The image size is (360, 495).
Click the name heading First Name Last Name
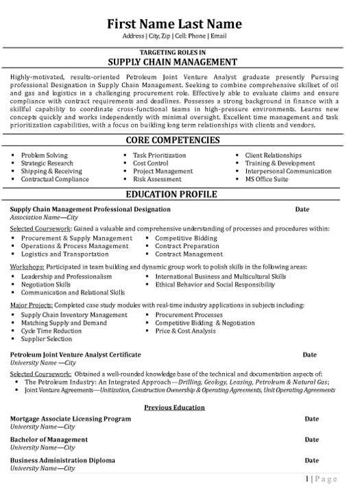click(179, 21)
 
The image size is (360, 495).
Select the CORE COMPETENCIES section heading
click(179, 140)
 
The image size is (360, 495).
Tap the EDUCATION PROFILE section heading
click(179, 194)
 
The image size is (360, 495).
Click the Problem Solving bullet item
click(44, 156)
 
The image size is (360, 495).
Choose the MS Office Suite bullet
click(267, 179)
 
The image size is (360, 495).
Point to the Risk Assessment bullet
click(156, 179)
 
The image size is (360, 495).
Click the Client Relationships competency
click(273, 156)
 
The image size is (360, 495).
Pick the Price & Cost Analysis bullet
click(184, 330)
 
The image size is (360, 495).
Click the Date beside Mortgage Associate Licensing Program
click(311, 418)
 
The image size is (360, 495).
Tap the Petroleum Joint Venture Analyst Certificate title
click(75, 354)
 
